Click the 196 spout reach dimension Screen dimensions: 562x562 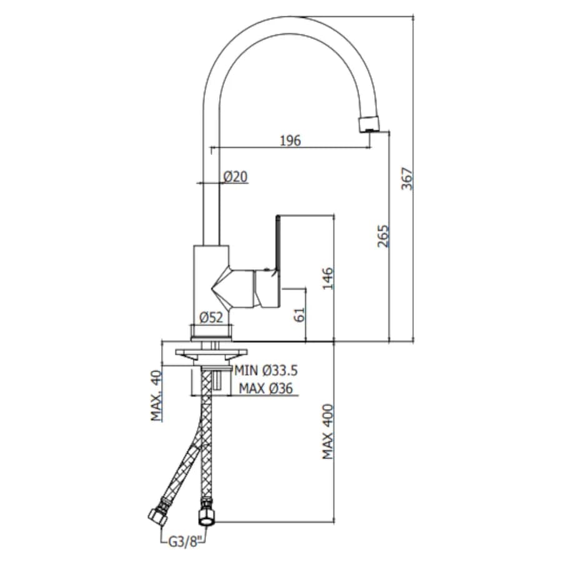tap(290, 140)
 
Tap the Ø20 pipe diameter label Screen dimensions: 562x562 tap(235, 177)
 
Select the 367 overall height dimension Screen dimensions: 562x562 tap(407, 179)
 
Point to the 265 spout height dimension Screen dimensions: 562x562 tap(383, 236)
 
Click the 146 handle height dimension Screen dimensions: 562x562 tap(327, 279)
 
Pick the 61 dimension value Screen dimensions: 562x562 tap(300, 315)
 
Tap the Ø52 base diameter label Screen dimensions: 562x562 tap(211, 317)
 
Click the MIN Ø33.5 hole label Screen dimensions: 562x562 tap(266, 370)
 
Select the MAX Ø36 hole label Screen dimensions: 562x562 tap(265, 388)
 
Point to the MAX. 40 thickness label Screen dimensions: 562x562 tap(156, 396)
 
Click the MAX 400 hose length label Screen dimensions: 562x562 tap(327, 432)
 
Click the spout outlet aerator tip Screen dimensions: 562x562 tap(369, 124)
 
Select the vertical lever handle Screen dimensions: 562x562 tap(277, 244)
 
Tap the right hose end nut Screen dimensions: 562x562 tap(206, 513)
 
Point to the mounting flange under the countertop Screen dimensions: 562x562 tap(212, 354)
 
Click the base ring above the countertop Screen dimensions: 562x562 tap(212, 332)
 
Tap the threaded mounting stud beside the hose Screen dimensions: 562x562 tap(218, 380)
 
